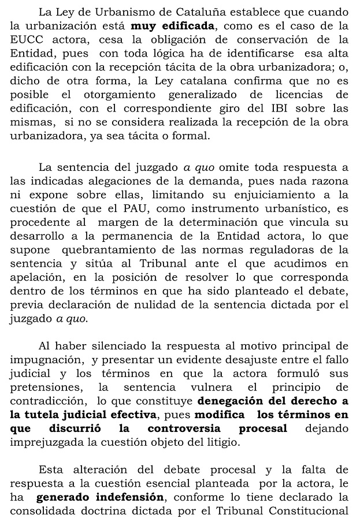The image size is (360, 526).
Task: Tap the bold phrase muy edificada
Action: (173, 25)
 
